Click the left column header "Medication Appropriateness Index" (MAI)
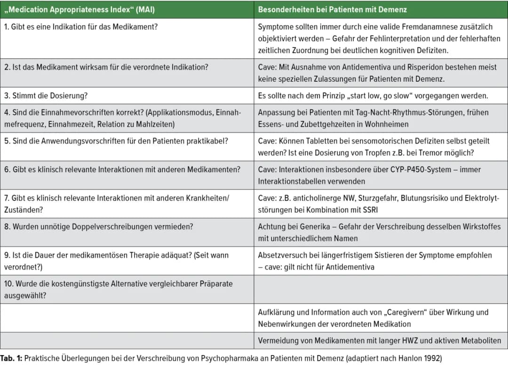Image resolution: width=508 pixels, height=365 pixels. coord(79,9)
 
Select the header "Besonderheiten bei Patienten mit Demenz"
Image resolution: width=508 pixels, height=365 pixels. coord(332,9)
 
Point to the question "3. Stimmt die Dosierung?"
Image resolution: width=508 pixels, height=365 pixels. coord(46,96)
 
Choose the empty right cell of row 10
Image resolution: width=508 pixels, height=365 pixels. coord(381,289)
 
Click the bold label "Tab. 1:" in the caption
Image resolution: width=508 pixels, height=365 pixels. coord(11,358)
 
